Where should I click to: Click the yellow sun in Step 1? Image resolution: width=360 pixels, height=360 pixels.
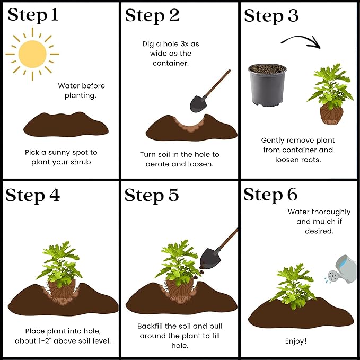click(x=32, y=54)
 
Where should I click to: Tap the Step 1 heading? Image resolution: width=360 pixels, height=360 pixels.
click(x=33, y=15)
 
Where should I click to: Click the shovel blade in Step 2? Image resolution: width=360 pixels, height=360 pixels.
click(x=198, y=104)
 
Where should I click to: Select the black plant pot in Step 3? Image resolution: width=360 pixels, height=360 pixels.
click(x=267, y=85)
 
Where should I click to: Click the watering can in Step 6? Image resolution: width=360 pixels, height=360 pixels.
click(x=342, y=269)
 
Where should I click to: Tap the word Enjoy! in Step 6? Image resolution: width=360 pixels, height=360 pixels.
click(x=296, y=341)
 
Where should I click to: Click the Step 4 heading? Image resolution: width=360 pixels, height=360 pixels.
click(x=33, y=195)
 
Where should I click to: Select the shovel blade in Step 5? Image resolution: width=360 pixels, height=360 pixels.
click(x=209, y=258)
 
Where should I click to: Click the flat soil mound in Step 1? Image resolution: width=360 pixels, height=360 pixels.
click(x=66, y=125)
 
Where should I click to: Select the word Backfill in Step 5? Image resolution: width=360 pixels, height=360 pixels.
click(x=150, y=326)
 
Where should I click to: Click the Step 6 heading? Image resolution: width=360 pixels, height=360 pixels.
click(x=270, y=195)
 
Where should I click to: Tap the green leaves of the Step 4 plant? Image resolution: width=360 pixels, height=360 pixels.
click(x=60, y=264)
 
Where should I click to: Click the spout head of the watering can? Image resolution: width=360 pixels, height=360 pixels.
click(x=332, y=276)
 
